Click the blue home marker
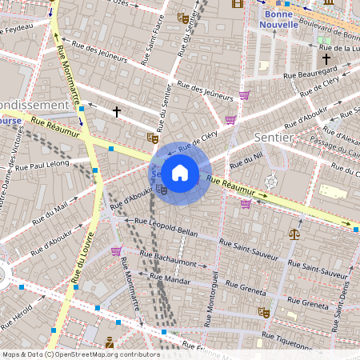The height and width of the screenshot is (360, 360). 180,173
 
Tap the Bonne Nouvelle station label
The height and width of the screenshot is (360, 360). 278,18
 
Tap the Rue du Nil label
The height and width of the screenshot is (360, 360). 246,159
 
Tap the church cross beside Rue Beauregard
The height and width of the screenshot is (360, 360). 326,58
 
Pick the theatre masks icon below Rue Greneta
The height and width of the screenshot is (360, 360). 262,312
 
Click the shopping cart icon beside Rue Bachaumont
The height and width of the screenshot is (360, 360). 116,251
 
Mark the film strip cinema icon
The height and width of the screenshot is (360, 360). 237,3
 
